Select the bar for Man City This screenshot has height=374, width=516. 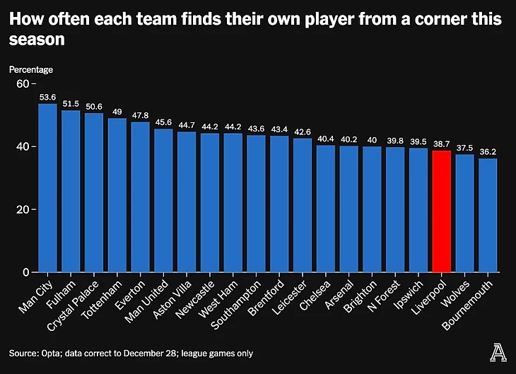47,188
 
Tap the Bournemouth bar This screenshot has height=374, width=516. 488,216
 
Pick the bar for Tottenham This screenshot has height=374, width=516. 117,195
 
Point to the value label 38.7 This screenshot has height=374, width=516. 441,144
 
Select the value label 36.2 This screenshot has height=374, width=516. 488,152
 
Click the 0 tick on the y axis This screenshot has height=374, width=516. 25,272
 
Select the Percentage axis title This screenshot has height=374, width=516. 31,69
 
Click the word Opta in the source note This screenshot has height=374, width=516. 53,353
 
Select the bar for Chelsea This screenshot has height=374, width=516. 325,209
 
